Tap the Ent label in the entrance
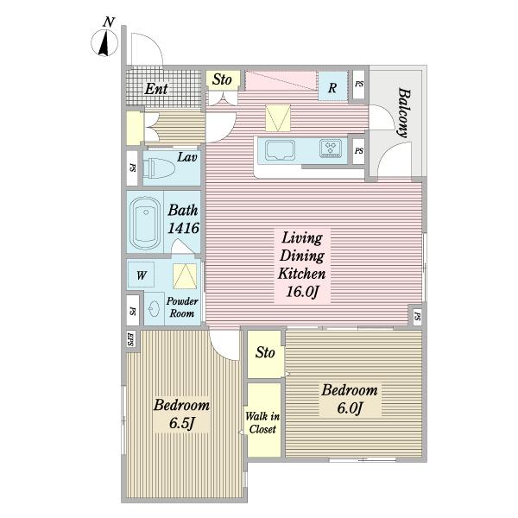156,89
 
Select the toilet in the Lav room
161,168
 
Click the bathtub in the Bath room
145,224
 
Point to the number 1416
183,228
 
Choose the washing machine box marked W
141,275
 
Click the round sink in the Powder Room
154,310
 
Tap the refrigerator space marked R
332,86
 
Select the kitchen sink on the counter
280,150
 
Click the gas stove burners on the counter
331,148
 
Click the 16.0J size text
302,292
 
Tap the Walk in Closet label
262,422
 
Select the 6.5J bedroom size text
181,423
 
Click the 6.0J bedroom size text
351,408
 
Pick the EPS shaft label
130,339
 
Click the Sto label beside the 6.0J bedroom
265,352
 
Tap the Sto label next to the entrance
222,79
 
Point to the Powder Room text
182,307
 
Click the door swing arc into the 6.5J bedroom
218,351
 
